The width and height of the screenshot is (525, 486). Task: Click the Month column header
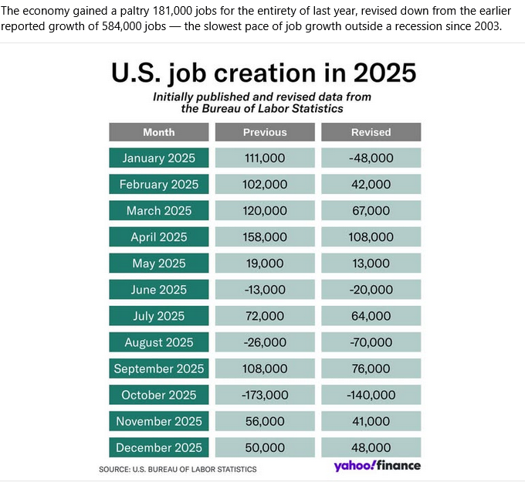(158, 132)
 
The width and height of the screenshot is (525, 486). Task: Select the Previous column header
(265, 132)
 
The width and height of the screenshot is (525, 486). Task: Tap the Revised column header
(371, 132)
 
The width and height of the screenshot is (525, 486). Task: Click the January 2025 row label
(158, 158)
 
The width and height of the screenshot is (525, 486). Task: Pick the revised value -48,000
(371, 158)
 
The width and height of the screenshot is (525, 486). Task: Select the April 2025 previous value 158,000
(265, 237)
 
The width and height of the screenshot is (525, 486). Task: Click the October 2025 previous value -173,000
(265, 395)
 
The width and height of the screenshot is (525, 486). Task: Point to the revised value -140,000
(371, 395)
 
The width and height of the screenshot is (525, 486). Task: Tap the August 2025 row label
(158, 342)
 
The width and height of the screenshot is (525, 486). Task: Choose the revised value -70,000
(371, 342)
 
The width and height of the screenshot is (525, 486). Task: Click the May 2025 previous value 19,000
(265, 263)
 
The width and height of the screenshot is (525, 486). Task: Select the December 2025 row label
(158, 447)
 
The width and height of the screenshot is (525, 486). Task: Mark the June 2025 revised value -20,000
(371, 290)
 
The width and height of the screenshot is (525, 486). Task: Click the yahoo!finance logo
(377, 466)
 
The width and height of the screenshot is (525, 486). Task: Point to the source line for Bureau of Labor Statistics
(178, 469)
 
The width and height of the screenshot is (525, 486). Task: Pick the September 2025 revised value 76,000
(371, 369)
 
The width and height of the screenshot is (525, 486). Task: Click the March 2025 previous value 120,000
(265, 211)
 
